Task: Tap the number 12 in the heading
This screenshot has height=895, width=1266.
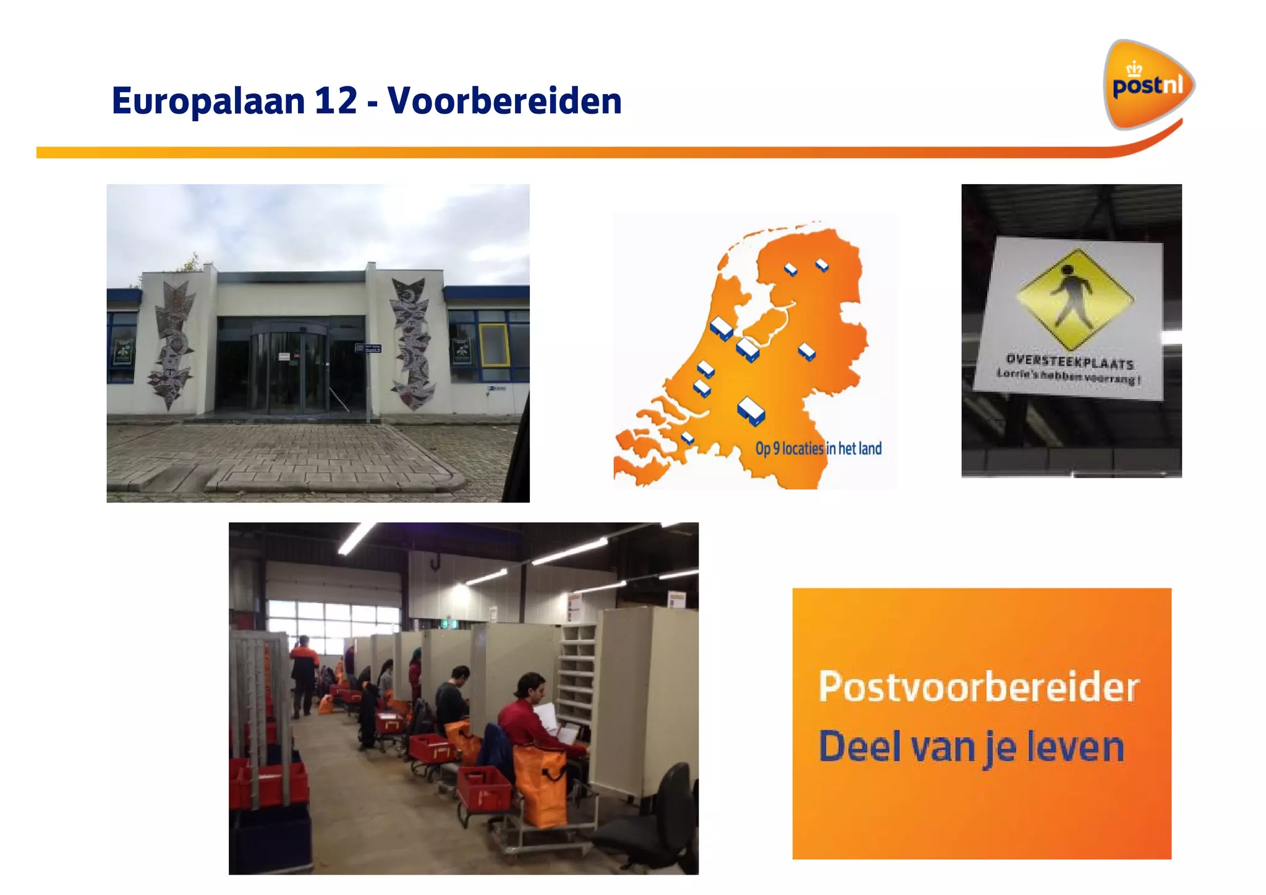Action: point(336,101)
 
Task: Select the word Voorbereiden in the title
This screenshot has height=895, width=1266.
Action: point(504,101)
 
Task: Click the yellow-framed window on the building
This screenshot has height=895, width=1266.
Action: point(494,346)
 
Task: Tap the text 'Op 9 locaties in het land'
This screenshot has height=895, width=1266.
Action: point(818,449)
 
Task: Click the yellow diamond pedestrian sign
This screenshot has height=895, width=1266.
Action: point(1075,299)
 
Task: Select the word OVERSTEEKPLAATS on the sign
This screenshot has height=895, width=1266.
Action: point(1069,361)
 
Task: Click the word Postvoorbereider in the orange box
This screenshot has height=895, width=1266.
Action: point(978,687)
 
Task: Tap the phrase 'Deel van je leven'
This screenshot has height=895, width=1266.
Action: point(971,747)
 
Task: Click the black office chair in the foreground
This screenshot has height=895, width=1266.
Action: point(655,822)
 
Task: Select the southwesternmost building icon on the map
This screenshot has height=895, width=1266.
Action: point(687,438)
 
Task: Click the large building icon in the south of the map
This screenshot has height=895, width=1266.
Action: point(751,410)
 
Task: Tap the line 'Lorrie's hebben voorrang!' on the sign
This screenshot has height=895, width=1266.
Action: point(1068,376)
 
